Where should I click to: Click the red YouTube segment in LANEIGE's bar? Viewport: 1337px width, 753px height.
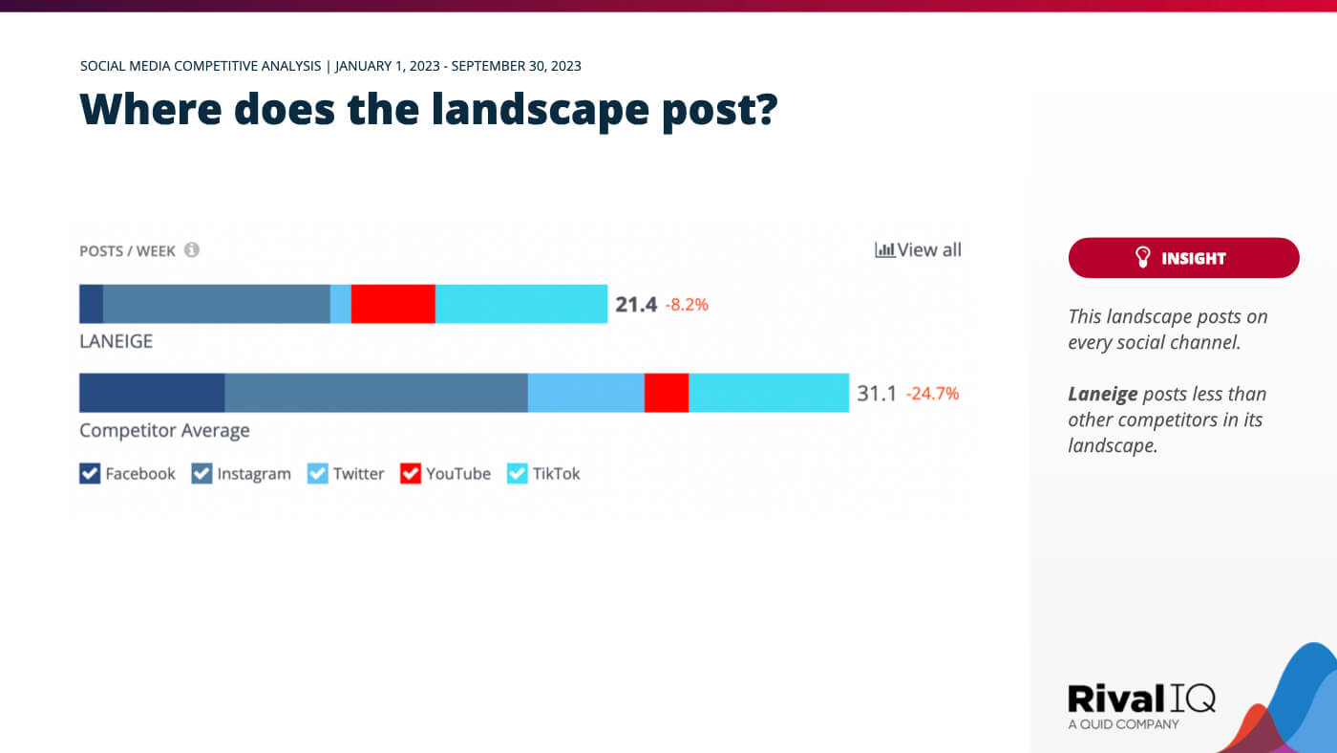[x=393, y=304]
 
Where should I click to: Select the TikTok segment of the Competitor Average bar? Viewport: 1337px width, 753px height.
[x=768, y=393]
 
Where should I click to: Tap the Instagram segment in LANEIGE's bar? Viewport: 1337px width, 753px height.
[x=216, y=304]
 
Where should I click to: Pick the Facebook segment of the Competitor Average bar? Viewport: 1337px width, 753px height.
[x=152, y=393]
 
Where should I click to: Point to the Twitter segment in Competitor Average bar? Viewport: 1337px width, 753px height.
[x=585, y=393]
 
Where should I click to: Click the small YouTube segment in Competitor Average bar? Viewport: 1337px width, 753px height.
[x=666, y=393]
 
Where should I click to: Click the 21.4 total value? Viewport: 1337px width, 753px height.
[x=635, y=305]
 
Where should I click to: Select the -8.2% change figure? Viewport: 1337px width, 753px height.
[x=687, y=306]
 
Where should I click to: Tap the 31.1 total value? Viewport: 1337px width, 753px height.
[x=876, y=394]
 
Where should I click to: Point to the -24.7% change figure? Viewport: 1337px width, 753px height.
[x=932, y=394]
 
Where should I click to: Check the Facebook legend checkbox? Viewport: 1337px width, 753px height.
[x=90, y=473]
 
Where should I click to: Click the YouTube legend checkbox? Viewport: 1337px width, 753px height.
[x=411, y=473]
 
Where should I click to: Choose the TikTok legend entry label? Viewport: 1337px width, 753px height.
[x=556, y=473]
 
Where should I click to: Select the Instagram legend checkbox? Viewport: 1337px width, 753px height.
[x=202, y=473]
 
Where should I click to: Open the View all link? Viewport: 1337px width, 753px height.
[x=919, y=250]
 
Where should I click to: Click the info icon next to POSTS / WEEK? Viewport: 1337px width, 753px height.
[x=192, y=250]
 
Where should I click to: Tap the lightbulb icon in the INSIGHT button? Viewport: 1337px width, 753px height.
[x=1142, y=258]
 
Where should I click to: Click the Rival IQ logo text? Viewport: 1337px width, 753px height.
[x=1140, y=699]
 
